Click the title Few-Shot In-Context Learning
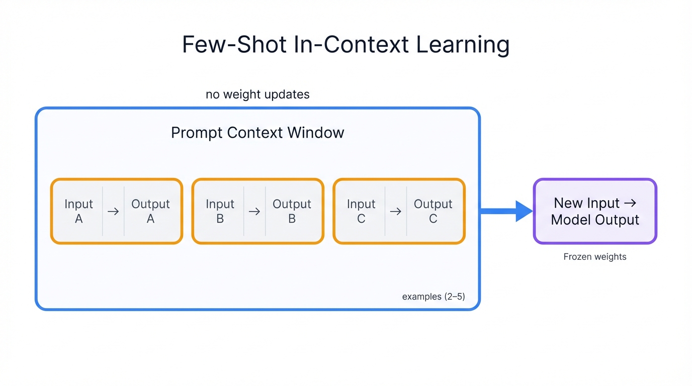coord(345,45)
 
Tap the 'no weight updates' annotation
coord(257,94)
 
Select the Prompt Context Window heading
coord(257,133)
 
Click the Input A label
coord(78,211)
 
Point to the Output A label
coord(150,211)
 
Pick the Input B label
coord(220,211)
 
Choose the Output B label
coord(292,211)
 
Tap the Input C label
coord(361,211)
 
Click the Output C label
coord(433,211)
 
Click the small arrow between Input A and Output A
coord(113,212)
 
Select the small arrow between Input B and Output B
coord(254,212)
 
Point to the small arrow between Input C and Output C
coord(396,212)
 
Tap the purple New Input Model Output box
coord(595,211)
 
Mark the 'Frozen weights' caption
coord(595,257)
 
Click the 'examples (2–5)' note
coord(433,297)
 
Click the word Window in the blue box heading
coord(316,133)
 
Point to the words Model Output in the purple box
coord(595,220)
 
